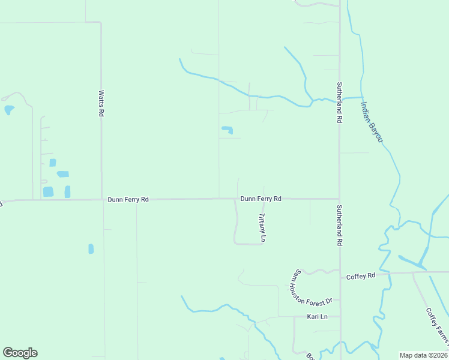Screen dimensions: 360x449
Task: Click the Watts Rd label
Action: [x=101, y=103]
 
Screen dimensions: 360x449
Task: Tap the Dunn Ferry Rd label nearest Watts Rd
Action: [x=128, y=199]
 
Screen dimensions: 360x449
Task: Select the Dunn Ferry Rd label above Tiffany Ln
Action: [x=261, y=199]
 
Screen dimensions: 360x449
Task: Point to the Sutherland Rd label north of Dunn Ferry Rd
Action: [x=339, y=103]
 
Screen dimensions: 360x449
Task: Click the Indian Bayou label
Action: [x=372, y=121]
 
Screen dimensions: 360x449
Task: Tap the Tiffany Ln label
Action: [x=262, y=228]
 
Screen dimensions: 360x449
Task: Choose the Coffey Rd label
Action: [x=361, y=275]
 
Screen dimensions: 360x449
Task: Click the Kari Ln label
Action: [x=317, y=316]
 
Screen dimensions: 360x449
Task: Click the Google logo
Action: [x=20, y=353]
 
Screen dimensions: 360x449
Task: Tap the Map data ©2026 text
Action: [x=423, y=355]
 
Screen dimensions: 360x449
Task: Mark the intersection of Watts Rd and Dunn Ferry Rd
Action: [x=101, y=199]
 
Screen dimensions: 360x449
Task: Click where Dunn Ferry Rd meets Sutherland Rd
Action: [x=339, y=199]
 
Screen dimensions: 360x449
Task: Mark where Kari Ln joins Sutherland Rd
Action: [x=340, y=316]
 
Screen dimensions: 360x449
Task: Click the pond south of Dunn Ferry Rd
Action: [x=91, y=248]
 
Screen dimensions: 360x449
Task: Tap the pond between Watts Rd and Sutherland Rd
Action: [x=227, y=130]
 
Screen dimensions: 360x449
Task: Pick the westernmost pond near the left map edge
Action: [x=9, y=110]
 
